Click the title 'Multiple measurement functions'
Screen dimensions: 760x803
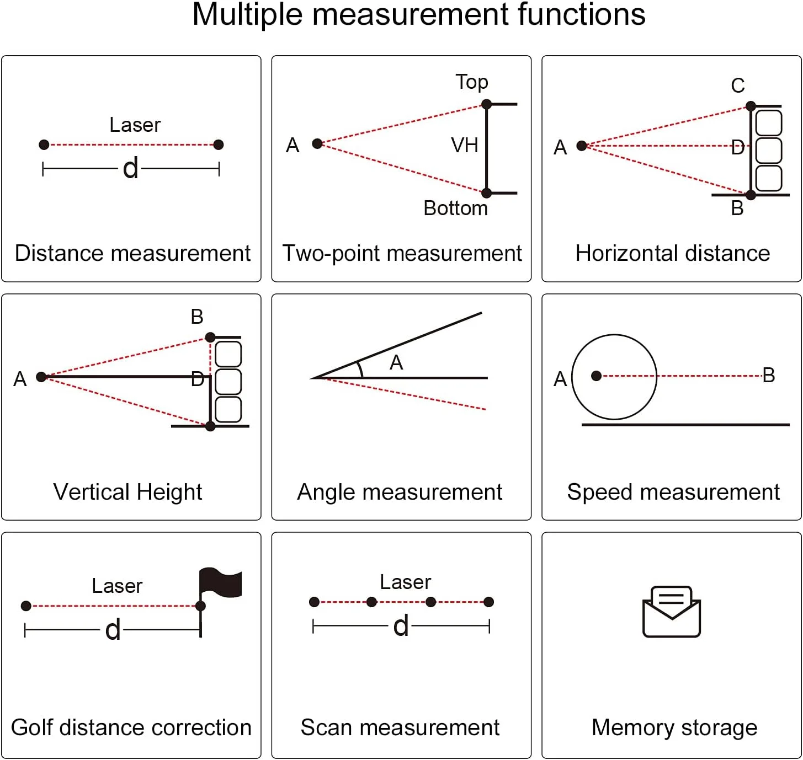pyautogui.click(x=418, y=15)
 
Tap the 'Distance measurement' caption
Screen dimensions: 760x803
pyautogui.click(x=132, y=253)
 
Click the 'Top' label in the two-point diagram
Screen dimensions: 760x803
pyautogui.click(x=472, y=82)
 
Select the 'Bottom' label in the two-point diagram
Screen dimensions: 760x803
pyautogui.click(x=455, y=208)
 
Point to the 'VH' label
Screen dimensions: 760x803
pyautogui.click(x=464, y=146)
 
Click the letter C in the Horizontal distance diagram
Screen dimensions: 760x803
pyautogui.click(x=738, y=86)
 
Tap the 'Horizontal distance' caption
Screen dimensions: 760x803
pyautogui.click(x=672, y=253)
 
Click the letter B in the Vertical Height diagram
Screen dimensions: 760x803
pyautogui.click(x=197, y=317)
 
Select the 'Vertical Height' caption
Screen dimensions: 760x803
pyautogui.click(x=127, y=492)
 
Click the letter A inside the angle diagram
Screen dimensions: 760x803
pyautogui.click(x=396, y=363)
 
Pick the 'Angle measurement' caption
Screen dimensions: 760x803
pyautogui.click(x=400, y=492)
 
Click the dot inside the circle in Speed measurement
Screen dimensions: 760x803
pyautogui.click(x=596, y=376)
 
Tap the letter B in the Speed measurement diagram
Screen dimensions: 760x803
pyautogui.click(x=769, y=376)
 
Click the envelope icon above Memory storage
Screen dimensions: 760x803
pyautogui.click(x=672, y=612)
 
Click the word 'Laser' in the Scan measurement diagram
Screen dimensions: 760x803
pyautogui.click(x=405, y=582)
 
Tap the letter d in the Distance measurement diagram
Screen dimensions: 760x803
pyautogui.click(x=131, y=169)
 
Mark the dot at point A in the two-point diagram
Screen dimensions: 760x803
pyautogui.click(x=317, y=144)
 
